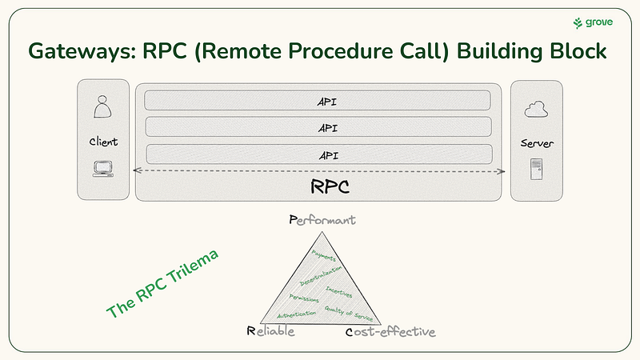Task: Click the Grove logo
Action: click(593, 23)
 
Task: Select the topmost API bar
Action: click(318, 100)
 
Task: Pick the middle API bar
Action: click(318, 127)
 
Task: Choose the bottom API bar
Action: click(318, 154)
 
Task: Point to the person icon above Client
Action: click(102, 106)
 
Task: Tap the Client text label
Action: click(103, 142)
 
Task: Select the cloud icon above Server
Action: click(534, 109)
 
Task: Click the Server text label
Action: click(536, 143)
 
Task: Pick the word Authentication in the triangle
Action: click(296, 310)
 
